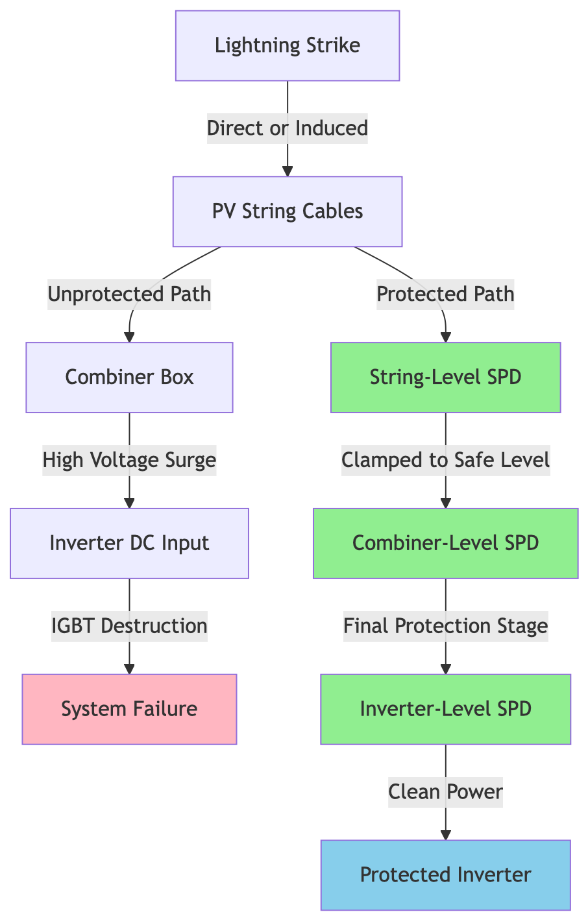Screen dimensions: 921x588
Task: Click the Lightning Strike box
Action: pos(288,45)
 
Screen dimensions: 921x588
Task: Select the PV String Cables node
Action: pos(288,211)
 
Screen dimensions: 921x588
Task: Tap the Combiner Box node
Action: pos(129,377)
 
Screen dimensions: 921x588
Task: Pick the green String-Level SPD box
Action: pos(445,377)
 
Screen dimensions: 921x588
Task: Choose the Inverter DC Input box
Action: pos(129,544)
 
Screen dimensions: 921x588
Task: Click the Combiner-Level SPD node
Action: pos(445,544)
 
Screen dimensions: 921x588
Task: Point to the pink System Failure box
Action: pos(129,709)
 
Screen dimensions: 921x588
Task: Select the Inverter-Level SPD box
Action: pos(445,709)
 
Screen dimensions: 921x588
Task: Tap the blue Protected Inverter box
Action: pos(445,875)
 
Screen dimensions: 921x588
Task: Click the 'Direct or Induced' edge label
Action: pos(288,128)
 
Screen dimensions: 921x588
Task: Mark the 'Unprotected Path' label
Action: pos(129,294)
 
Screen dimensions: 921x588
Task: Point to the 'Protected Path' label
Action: pos(445,294)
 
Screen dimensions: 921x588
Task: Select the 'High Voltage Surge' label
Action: pos(129,460)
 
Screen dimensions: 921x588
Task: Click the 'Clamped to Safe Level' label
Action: pos(445,460)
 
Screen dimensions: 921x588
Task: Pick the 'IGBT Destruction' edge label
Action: pos(129,627)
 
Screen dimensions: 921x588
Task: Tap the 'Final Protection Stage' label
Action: pos(445,627)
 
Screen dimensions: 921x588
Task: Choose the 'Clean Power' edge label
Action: pos(445,792)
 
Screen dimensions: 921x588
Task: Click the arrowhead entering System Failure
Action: pos(129,669)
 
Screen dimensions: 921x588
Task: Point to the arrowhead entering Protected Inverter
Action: pos(445,835)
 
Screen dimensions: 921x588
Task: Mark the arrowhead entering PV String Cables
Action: pos(288,171)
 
